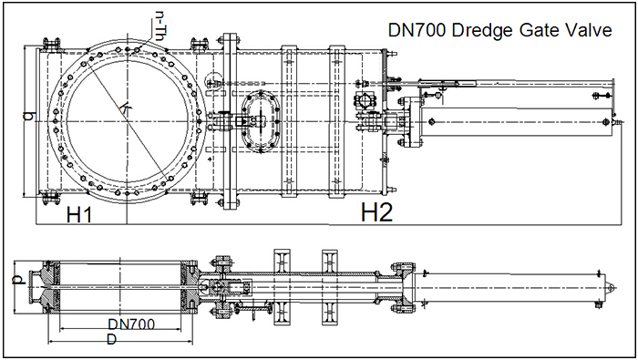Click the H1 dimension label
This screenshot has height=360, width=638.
[x=79, y=214]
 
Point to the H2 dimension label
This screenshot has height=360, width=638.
[x=376, y=212]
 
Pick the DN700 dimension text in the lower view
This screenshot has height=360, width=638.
[x=130, y=324]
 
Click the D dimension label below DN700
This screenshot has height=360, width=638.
[x=110, y=340]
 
